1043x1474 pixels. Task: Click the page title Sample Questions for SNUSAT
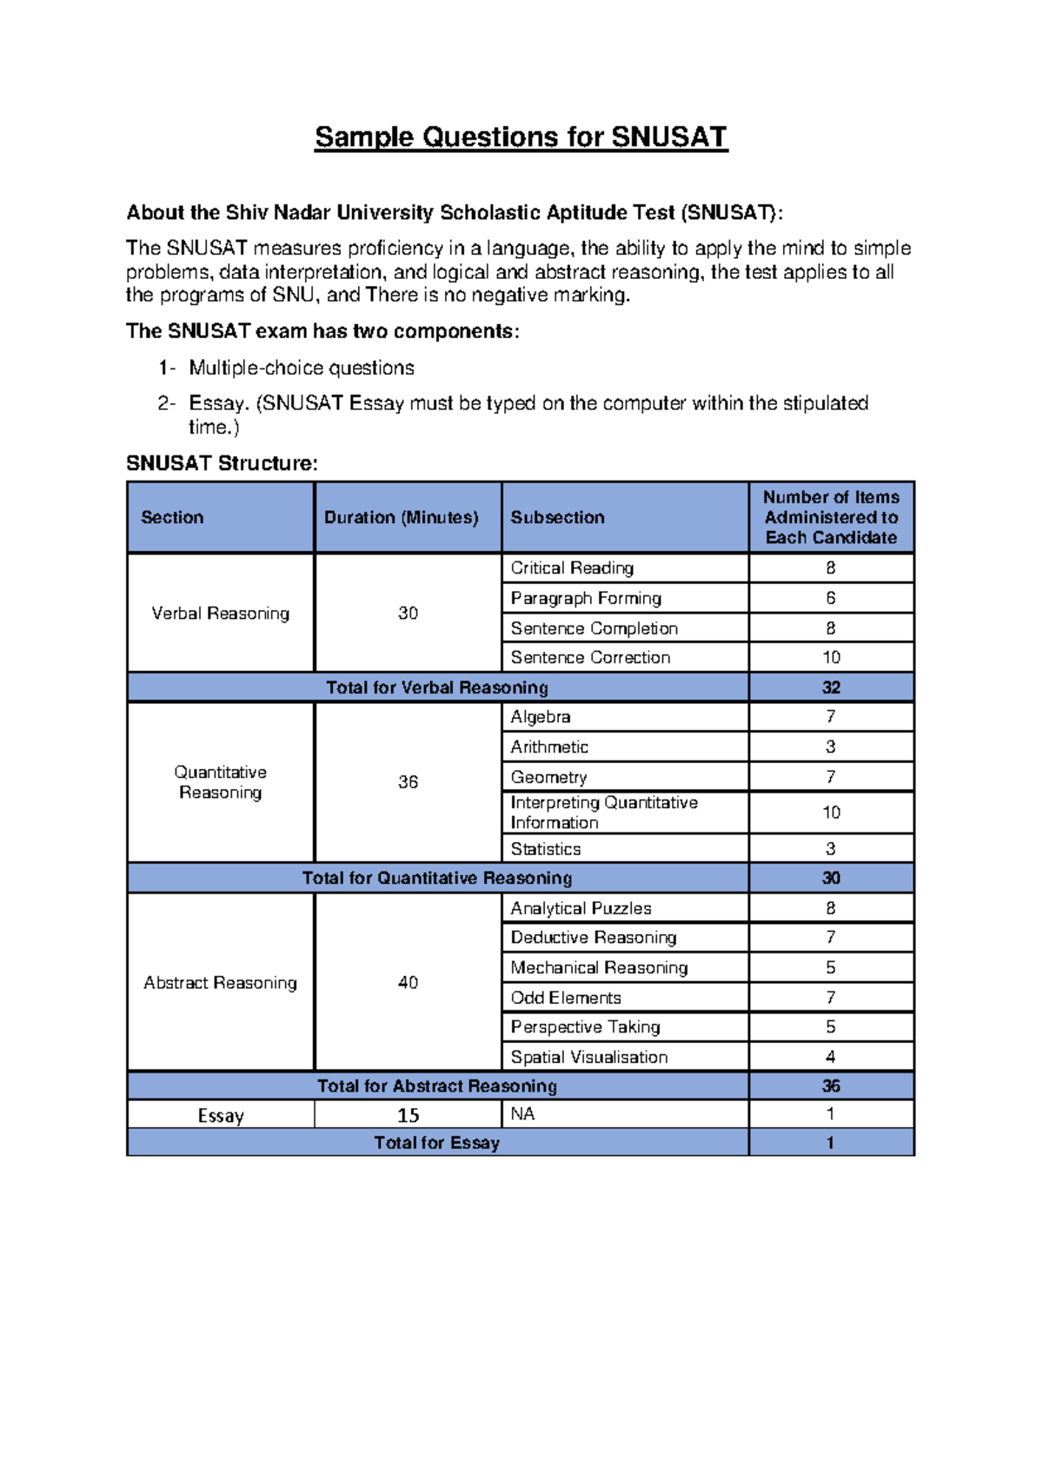point(521,137)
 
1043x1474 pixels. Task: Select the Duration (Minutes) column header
point(401,517)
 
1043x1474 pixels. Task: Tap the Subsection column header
point(557,517)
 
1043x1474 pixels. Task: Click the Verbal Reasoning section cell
point(220,614)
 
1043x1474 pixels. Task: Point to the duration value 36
point(408,782)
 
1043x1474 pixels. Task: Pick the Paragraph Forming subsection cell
point(586,598)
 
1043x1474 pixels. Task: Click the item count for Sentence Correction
point(831,658)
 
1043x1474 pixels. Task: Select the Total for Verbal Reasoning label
point(437,687)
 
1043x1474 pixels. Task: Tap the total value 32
point(831,687)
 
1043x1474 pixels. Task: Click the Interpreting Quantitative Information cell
point(603,813)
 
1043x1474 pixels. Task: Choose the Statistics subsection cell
point(546,849)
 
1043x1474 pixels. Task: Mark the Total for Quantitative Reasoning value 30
point(831,878)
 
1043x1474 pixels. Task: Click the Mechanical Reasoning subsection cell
point(599,967)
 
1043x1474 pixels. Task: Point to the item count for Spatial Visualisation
point(831,1057)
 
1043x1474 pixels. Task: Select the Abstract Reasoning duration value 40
point(408,983)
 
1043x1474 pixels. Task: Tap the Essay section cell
point(220,1115)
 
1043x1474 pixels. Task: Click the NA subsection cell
point(522,1114)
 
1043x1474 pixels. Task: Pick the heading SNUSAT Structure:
point(222,463)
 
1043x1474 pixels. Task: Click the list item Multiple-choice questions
point(301,368)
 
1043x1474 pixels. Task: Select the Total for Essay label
point(437,1143)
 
